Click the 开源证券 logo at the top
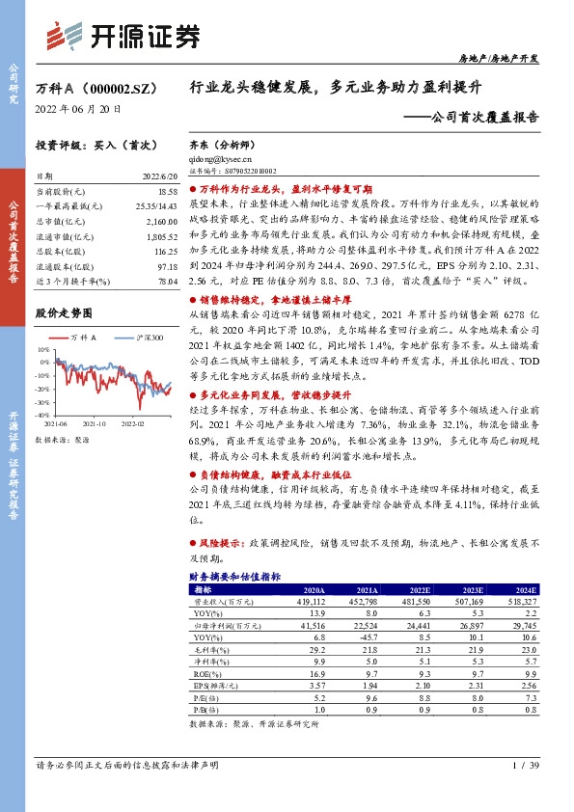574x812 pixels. click(124, 36)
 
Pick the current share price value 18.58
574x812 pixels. click(168, 195)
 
